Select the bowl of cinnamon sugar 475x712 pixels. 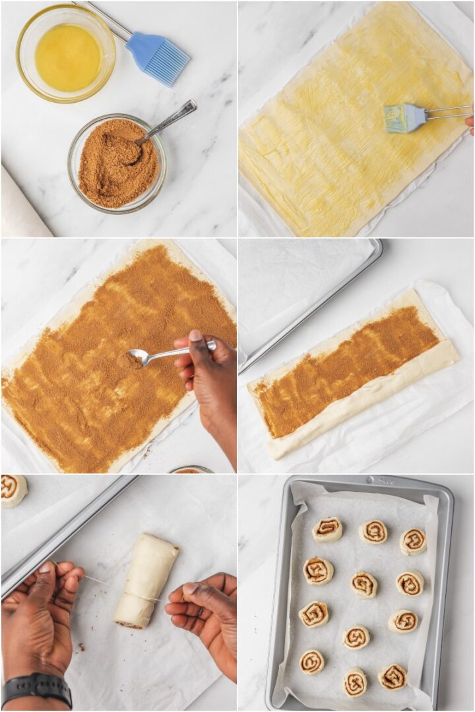[117, 163]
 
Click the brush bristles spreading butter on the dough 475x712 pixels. [404, 119]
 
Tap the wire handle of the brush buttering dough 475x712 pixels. [449, 112]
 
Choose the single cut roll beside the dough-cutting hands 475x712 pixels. [13, 490]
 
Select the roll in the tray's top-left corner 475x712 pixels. [327, 529]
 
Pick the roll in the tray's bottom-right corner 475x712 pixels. [392, 677]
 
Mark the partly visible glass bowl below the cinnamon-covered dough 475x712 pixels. [191, 470]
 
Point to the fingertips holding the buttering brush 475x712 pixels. [470, 123]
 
